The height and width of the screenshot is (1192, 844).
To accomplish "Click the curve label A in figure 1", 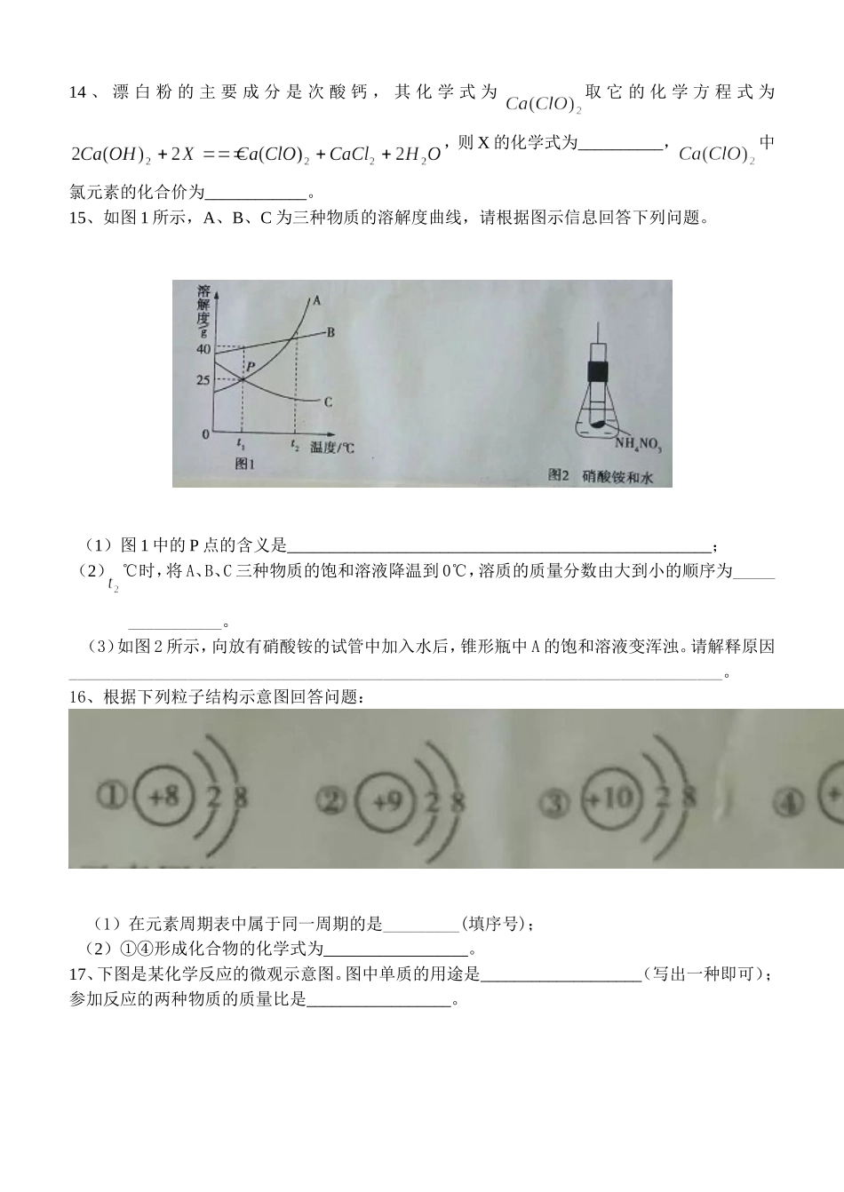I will [315, 300].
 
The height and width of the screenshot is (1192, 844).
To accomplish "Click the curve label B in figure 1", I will [330, 332].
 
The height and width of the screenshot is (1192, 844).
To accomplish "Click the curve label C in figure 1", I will [328, 402].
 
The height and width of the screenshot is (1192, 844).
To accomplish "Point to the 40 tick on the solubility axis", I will [203, 349].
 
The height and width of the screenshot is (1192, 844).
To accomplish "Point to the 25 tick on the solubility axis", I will [203, 381].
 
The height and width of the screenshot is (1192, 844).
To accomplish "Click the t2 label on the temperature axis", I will [294, 445].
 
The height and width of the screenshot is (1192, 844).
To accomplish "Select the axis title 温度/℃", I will [332, 448].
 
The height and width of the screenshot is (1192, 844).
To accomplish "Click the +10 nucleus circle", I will [611, 798].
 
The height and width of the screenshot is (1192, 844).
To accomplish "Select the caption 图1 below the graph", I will [244, 465].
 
